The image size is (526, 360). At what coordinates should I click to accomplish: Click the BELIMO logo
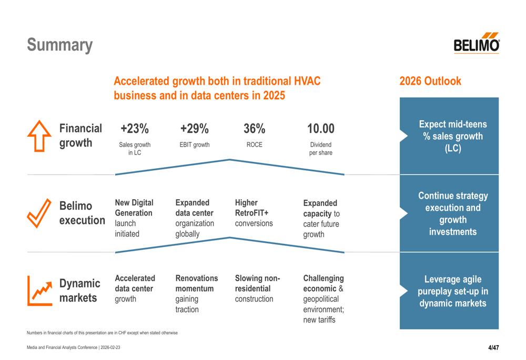pyautogui.click(x=477, y=43)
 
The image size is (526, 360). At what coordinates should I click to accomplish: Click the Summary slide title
pyautogui.click(x=60, y=45)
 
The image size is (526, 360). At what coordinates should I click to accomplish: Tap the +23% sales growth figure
pyautogui.click(x=135, y=128)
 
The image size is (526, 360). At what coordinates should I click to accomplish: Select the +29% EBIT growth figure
pyautogui.click(x=195, y=128)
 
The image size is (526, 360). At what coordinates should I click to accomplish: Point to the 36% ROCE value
pyautogui.click(x=254, y=128)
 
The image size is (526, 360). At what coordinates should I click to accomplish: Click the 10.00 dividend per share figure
pyautogui.click(x=321, y=128)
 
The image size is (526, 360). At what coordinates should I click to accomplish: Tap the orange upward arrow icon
pyautogui.click(x=39, y=136)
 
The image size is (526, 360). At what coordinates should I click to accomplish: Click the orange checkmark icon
pyautogui.click(x=39, y=213)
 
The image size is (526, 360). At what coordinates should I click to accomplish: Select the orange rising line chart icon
pyautogui.click(x=40, y=291)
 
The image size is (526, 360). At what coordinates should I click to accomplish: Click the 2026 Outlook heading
pyautogui.click(x=430, y=81)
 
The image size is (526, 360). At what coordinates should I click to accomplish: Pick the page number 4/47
pyautogui.click(x=493, y=347)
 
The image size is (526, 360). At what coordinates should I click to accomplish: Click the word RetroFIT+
pyautogui.click(x=251, y=213)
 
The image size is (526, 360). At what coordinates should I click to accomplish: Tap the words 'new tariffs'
pyautogui.click(x=319, y=320)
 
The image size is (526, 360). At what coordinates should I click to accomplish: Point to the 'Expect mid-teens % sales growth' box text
pyautogui.click(x=453, y=136)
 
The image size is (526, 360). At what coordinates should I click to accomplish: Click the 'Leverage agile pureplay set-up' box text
pyautogui.click(x=453, y=291)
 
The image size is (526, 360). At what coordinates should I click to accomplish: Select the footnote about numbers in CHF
pyautogui.click(x=103, y=333)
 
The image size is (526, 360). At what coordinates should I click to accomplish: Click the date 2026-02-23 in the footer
pyautogui.click(x=110, y=347)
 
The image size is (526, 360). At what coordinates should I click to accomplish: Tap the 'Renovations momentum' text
pyautogui.click(x=197, y=283)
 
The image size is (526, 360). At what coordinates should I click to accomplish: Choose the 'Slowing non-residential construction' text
pyautogui.click(x=257, y=289)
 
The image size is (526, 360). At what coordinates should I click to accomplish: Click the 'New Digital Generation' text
pyautogui.click(x=134, y=208)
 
